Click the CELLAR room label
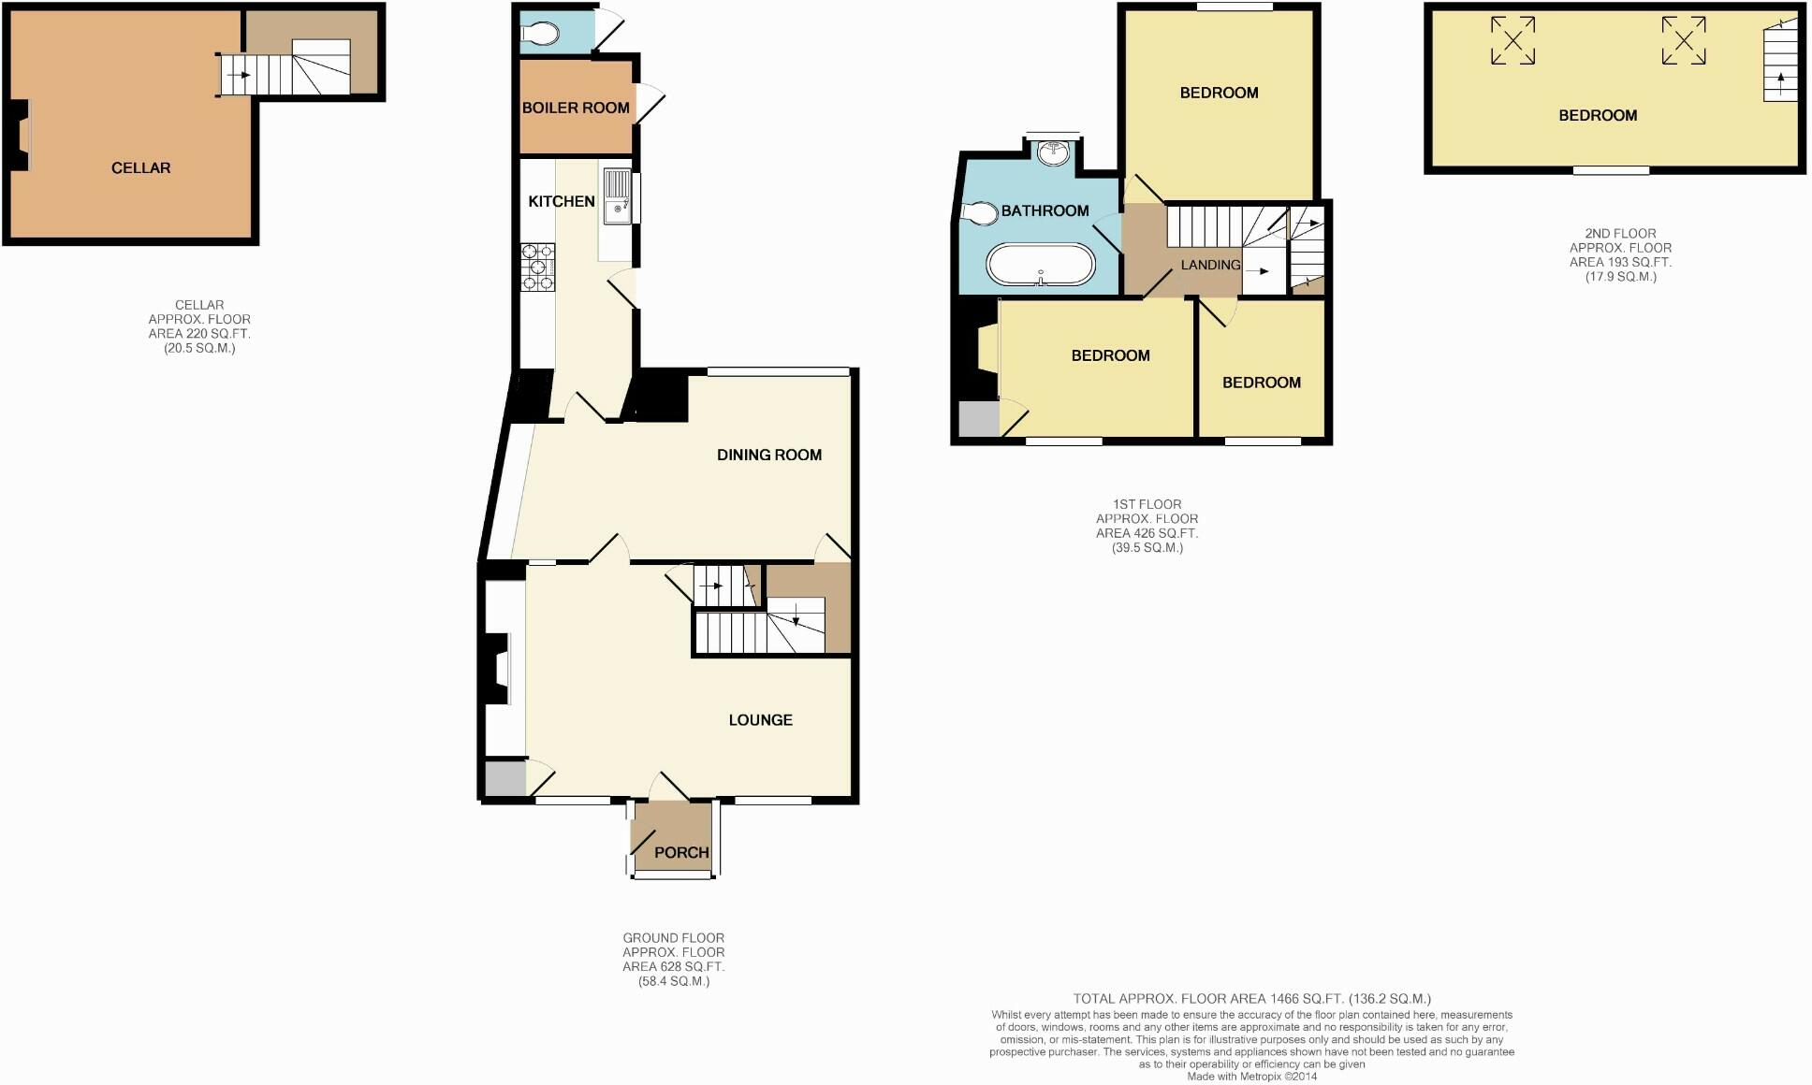[x=140, y=168]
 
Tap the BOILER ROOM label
[x=576, y=108]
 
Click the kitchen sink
[x=618, y=196]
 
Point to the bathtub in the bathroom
[x=1040, y=265]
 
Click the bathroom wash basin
[x=1055, y=152]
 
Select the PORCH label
[x=681, y=853]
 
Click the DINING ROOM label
[x=769, y=456]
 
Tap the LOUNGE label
[x=760, y=720]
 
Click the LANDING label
[x=1210, y=266]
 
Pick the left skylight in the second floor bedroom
[x=1512, y=41]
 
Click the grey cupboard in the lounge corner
[x=504, y=779]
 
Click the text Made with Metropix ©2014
[x=1251, y=1077]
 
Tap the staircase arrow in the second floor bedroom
[x=1780, y=78]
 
